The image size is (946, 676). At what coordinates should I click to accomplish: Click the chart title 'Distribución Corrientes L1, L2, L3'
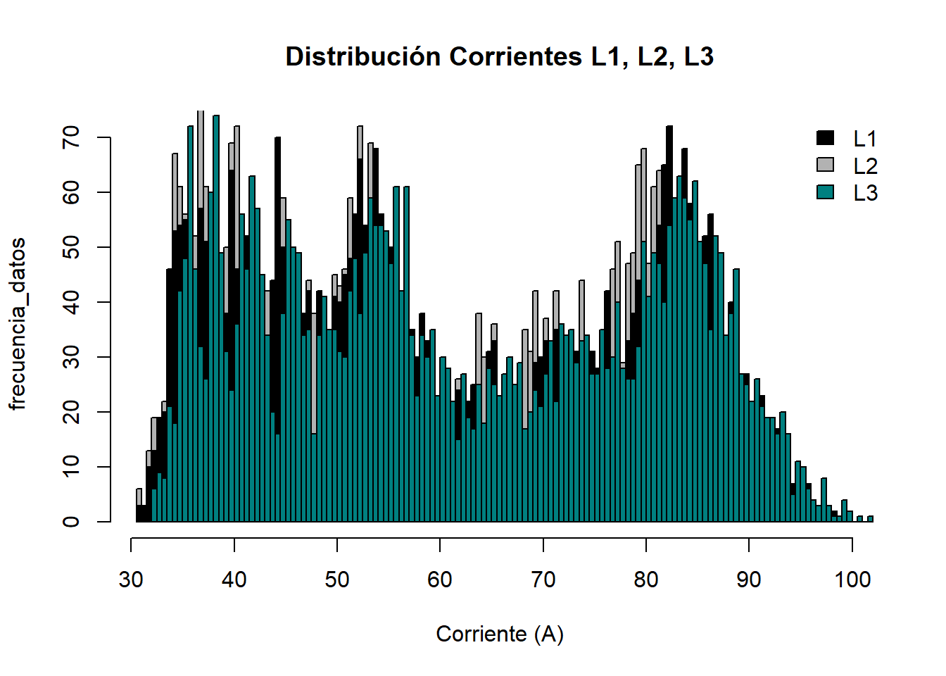tap(500, 57)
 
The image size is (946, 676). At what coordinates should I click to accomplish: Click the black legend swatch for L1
tap(825, 138)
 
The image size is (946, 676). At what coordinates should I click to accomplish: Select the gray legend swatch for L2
tap(825, 165)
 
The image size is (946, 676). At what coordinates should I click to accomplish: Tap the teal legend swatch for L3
tap(825, 192)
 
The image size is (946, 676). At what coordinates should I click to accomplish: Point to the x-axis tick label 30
tap(131, 580)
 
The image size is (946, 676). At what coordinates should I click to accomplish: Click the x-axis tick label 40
tap(234, 580)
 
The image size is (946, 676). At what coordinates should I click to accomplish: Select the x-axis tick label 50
tap(337, 580)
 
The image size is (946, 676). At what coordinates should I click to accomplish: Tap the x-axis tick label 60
tap(440, 580)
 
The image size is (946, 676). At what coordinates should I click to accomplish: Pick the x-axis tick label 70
tap(543, 580)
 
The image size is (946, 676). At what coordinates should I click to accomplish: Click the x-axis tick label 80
tap(646, 580)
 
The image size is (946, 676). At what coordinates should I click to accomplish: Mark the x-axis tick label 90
tap(749, 580)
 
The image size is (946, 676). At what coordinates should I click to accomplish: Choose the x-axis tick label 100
tap(852, 580)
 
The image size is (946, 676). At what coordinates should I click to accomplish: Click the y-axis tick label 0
tap(70, 522)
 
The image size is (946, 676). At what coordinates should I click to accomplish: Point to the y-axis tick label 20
tap(70, 412)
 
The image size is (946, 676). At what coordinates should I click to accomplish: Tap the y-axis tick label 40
tap(70, 302)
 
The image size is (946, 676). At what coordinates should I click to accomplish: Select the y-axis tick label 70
tap(70, 137)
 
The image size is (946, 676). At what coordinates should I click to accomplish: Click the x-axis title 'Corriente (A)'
tap(500, 634)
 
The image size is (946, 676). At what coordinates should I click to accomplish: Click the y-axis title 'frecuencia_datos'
tap(18, 324)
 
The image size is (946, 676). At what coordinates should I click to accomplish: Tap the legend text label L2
tap(865, 166)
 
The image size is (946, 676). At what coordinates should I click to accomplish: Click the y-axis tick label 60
tap(70, 192)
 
